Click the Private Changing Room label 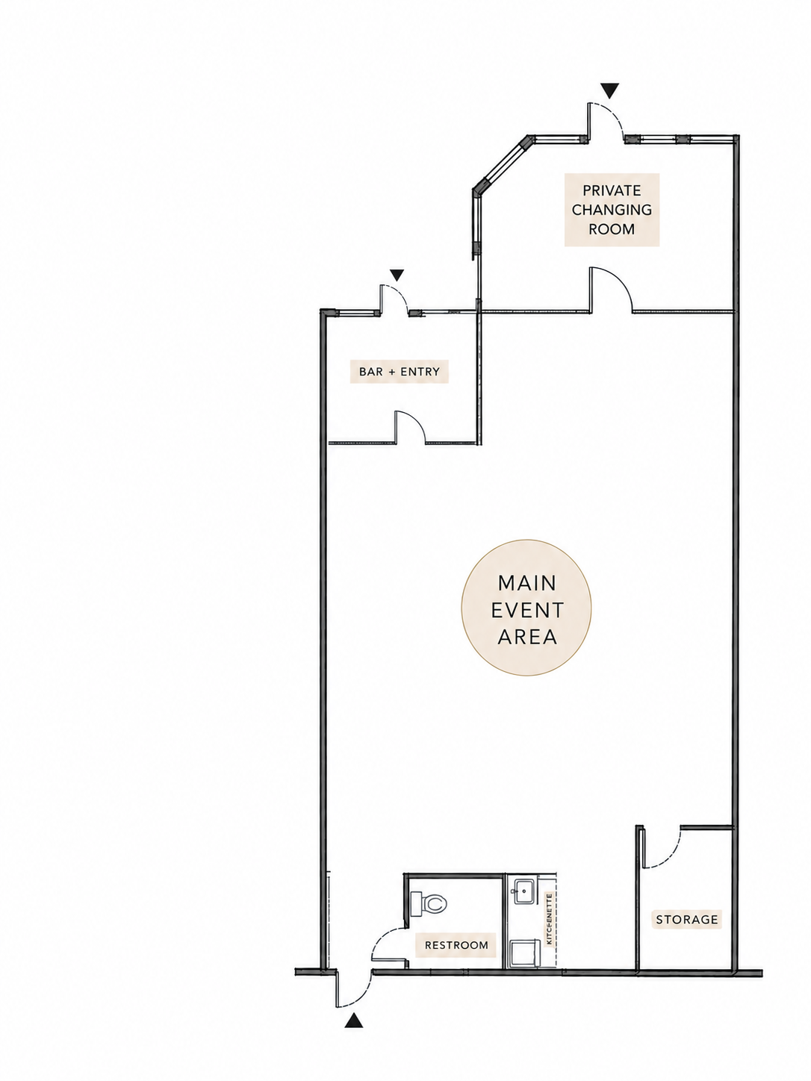611,209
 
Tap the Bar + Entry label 400,371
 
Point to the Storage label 687,919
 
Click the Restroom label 456,944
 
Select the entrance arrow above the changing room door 609,90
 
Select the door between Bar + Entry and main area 410,426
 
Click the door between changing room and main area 611,289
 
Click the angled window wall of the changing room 500,166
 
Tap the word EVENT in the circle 527,610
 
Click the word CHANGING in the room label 612,209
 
